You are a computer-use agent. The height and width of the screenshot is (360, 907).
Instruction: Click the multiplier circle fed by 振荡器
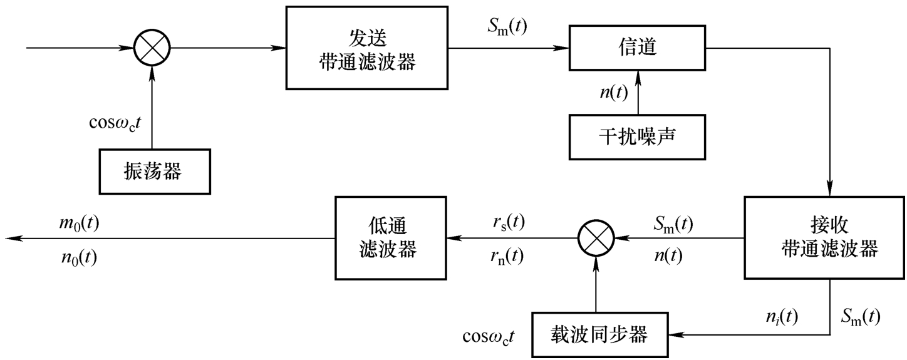coord(152,48)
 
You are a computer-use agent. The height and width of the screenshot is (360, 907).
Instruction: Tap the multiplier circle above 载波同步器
coord(596,238)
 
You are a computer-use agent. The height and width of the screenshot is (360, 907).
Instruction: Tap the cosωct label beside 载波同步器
coord(489,337)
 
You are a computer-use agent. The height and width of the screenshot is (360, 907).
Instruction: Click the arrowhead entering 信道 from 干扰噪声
coord(638,75)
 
